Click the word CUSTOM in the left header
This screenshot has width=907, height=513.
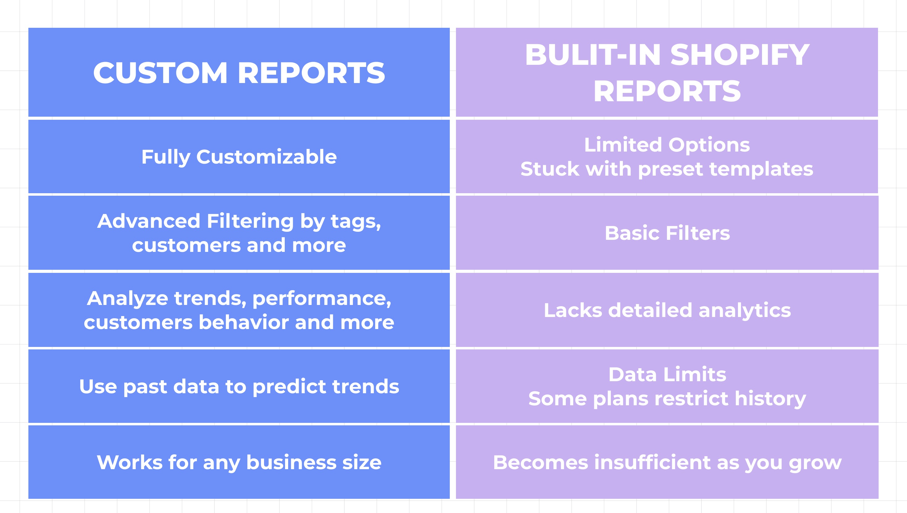click(160, 73)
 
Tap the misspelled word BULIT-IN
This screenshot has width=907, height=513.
click(593, 55)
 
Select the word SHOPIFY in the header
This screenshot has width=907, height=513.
click(740, 55)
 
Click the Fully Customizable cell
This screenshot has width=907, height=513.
click(239, 157)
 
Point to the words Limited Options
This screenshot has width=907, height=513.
click(667, 145)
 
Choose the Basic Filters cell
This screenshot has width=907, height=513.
click(667, 233)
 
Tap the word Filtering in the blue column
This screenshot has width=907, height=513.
click(250, 222)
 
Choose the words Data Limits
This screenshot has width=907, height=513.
click(667, 374)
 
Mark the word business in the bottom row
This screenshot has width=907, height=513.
click(291, 462)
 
